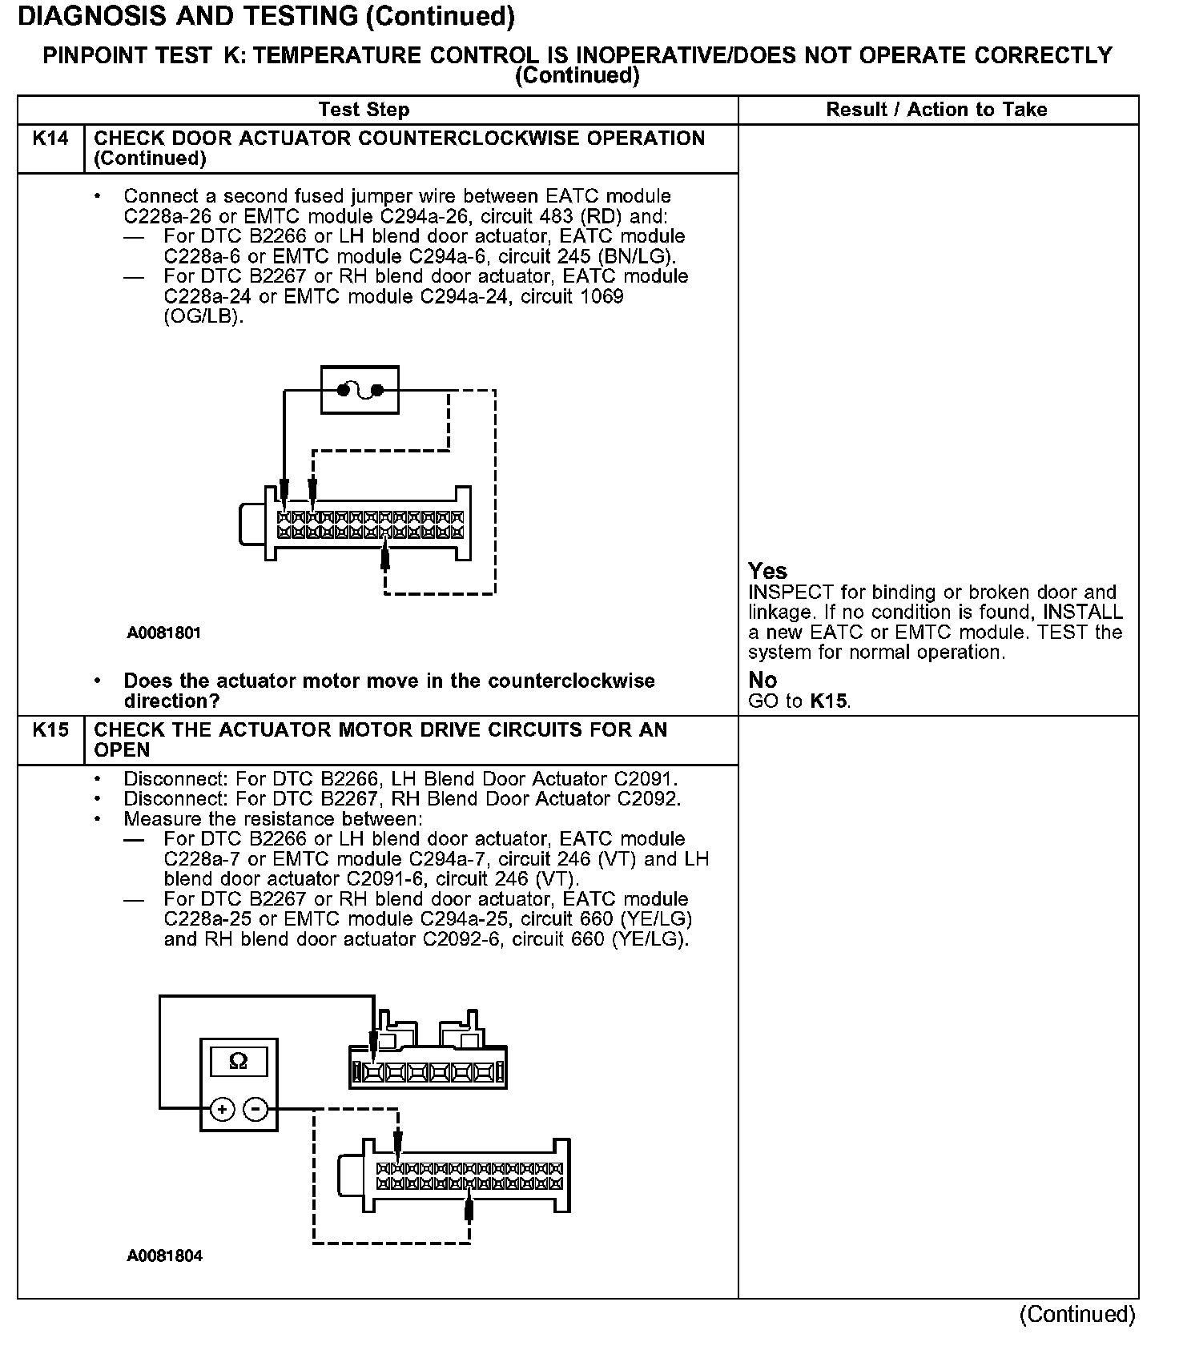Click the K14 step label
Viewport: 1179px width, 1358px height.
pos(50,139)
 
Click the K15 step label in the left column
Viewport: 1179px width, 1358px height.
pos(50,730)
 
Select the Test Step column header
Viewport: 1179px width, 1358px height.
pos(364,110)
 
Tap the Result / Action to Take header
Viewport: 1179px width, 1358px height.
pos(936,110)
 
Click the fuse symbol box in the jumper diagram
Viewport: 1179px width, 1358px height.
pos(360,390)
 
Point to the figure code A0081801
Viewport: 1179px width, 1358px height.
pos(163,633)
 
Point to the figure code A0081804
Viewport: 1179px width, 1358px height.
pos(164,1256)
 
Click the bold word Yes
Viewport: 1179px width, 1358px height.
pos(767,571)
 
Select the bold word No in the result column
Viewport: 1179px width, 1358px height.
pos(763,680)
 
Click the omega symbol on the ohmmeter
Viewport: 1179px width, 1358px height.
pos(238,1061)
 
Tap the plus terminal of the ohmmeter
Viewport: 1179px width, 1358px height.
pos(222,1109)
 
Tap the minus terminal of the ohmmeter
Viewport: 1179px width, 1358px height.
pos(255,1109)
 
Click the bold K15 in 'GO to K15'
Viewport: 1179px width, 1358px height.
pos(827,701)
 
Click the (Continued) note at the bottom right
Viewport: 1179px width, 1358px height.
pos(1076,1314)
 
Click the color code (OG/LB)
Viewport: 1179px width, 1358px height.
pos(203,316)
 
